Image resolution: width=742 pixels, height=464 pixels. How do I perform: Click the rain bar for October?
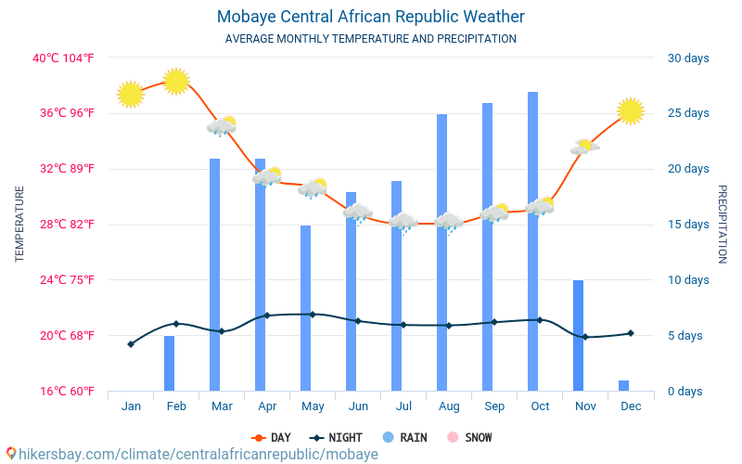[532, 241]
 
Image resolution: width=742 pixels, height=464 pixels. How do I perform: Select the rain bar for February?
[169, 363]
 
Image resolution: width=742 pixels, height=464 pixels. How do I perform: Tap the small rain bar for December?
[623, 385]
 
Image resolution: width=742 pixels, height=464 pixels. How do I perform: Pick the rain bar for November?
[578, 335]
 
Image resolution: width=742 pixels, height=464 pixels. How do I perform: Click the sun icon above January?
[131, 94]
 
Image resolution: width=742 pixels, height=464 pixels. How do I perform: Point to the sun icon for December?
[631, 110]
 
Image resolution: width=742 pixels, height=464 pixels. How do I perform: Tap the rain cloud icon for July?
[403, 222]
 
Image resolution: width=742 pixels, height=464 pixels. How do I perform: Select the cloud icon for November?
[584, 147]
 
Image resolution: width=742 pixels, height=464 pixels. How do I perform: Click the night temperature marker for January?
[131, 344]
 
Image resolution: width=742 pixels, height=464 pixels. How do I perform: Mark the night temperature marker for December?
[631, 333]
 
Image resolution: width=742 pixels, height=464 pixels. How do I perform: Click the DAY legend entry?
[272, 437]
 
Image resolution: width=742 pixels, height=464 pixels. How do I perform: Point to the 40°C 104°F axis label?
[64, 58]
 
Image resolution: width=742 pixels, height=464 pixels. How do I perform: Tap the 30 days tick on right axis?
[688, 58]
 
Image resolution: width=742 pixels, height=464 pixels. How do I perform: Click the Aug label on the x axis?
[449, 406]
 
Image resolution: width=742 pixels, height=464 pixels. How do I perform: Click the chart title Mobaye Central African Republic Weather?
[371, 17]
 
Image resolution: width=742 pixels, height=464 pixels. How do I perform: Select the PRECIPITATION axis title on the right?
[723, 224]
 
